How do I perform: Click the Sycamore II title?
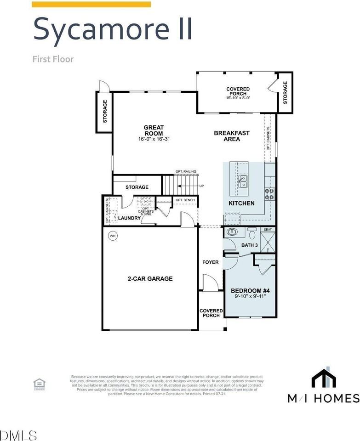(112, 28)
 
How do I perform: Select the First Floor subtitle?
(53, 59)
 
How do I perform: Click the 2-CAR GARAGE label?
(150, 278)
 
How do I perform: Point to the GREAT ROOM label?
(154, 130)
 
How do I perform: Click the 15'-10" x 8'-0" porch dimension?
(238, 98)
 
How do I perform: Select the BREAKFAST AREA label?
(232, 136)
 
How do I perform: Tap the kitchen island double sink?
(242, 181)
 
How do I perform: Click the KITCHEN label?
(241, 203)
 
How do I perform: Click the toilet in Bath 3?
(251, 232)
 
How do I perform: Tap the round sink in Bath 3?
(232, 232)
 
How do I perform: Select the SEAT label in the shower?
(268, 230)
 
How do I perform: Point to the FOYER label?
(211, 262)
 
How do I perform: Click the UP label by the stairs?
(201, 186)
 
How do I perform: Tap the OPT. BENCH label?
(185, 200)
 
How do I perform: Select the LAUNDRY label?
(129, 218)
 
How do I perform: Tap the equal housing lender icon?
(39, 384)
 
